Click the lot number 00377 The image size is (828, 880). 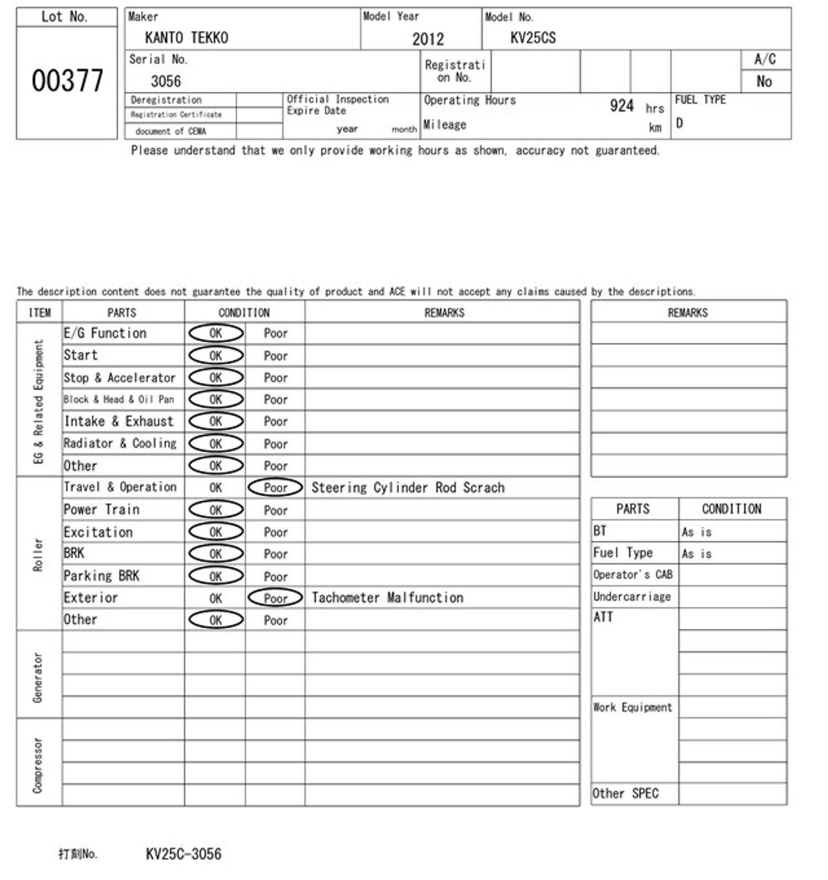[x=67, y=81]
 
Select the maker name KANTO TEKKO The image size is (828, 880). [x=186, y=38]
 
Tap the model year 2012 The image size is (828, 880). [x=428, y=39]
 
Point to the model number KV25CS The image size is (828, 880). [x=533, y=38]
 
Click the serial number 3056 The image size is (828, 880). [x=166, y=81]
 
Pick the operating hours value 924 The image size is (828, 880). [x=622, y=105]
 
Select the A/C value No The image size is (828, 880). [x=764, y=82]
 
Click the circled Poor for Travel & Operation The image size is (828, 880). [x=275, y=487]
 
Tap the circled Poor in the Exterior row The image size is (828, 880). [x=275, y=598]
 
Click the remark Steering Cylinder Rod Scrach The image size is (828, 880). [x=408, y=487]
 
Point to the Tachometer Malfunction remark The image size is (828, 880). [x=387, y=598]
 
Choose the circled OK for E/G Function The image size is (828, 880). [x=216, y=333]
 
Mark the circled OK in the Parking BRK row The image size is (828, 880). [x=216, y=576]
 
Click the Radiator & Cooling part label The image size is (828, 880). [x=120, y=443]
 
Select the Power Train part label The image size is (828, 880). [x=102, y=510]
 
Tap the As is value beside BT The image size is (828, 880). [x=697, y=532]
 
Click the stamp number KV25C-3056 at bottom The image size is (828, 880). [x=183, y=854]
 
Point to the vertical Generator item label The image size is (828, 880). [x=38, y=677]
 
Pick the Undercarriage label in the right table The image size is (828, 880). [x=632, y=597]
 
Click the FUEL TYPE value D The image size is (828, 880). [x=680, y=123]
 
